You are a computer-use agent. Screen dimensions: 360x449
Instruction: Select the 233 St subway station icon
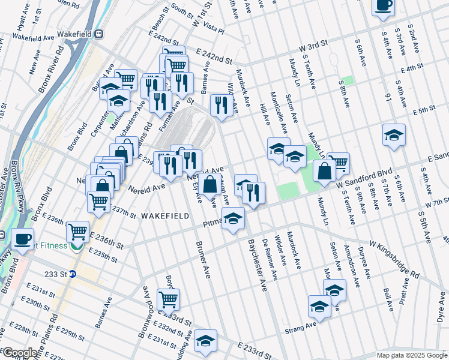click(x=73, y=274)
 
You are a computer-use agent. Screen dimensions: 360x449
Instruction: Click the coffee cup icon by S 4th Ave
click(x=383, y=5)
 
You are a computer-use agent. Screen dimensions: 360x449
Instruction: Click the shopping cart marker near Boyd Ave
click(x=168, y=298)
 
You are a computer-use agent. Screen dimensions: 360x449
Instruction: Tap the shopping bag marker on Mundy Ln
click(x=324, y=171)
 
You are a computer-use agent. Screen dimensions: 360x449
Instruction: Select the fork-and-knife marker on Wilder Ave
click(x=222, y=106)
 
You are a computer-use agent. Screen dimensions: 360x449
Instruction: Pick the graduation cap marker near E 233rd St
click(x=205, y=341)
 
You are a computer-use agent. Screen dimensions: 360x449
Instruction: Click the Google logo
click(x=20, y=353)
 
